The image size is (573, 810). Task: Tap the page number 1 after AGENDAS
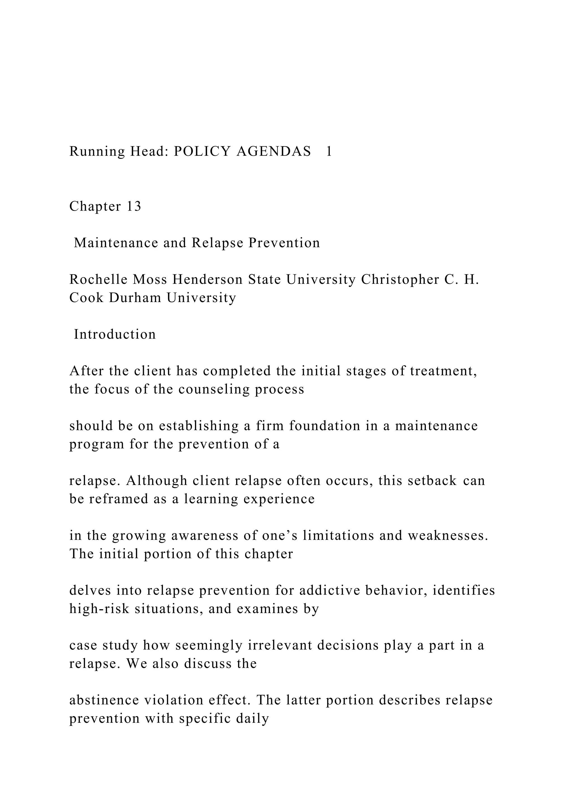[x=328, y=151]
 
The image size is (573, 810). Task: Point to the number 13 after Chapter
[x=134, y=206]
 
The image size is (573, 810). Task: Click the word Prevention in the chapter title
[x=284, y=243]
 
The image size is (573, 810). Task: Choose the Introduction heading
[x=115, y=335]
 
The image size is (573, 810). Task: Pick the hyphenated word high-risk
[x=99, y=609]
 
